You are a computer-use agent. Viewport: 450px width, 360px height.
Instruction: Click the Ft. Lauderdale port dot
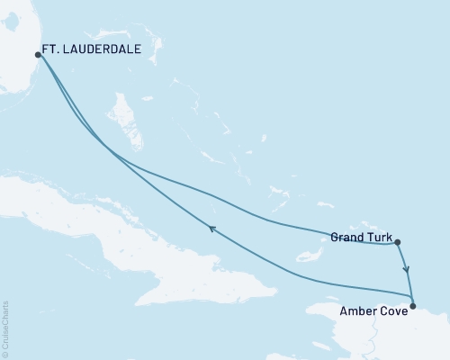point(38,54)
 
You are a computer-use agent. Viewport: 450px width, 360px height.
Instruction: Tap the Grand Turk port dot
point(397,241)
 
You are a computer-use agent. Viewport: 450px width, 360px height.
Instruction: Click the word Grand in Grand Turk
point(346,238)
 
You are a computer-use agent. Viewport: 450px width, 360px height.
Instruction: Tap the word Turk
point(378,238)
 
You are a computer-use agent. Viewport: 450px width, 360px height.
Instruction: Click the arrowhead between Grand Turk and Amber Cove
point(406,268)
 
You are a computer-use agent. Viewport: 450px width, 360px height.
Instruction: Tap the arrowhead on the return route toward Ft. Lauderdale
point(212,229)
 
